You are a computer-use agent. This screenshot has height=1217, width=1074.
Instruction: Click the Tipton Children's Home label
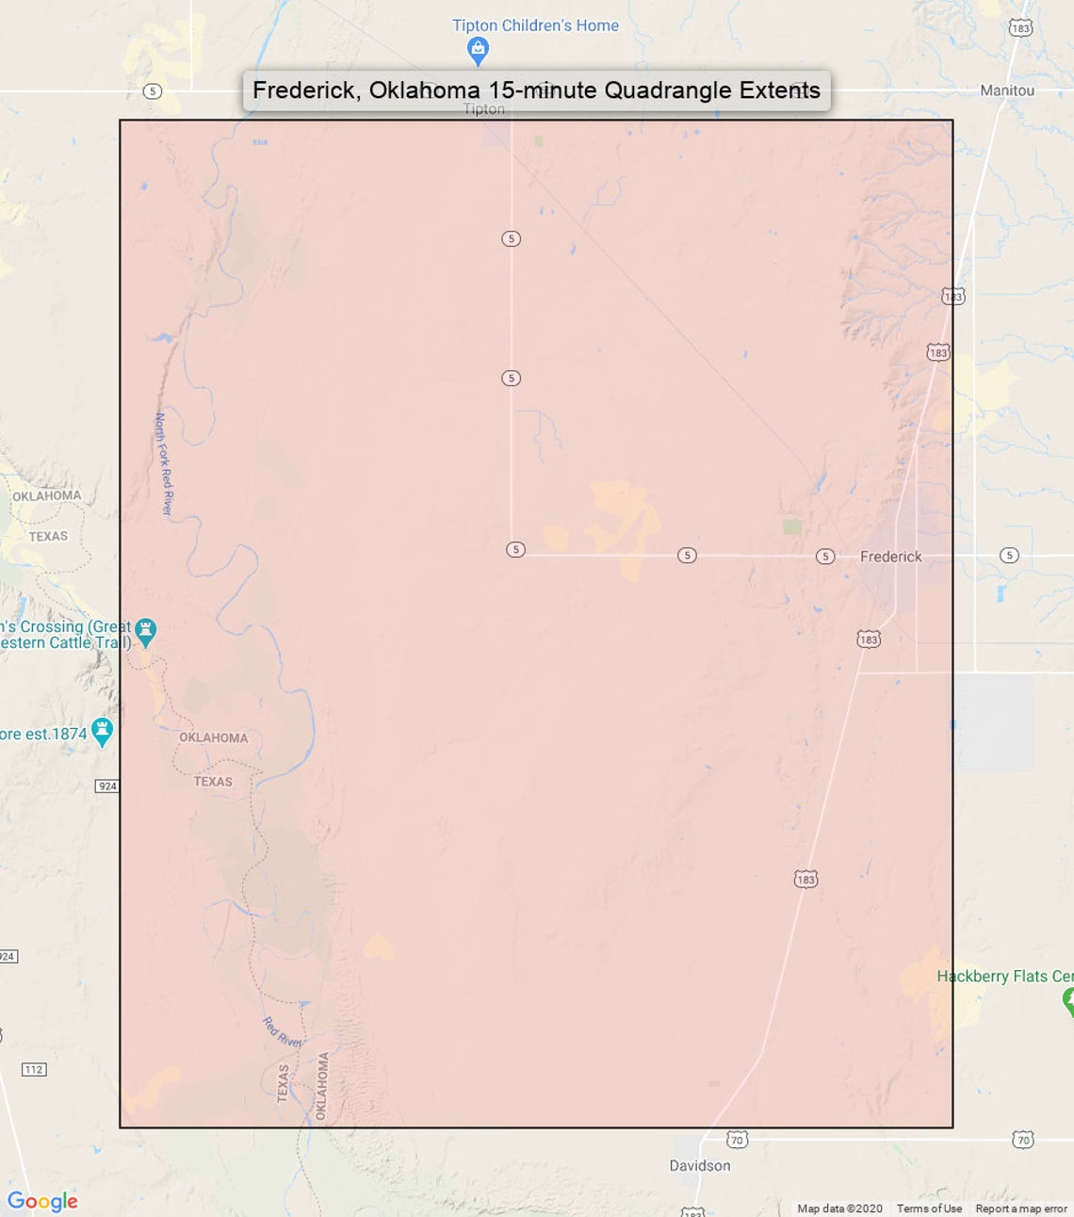coord(535,25)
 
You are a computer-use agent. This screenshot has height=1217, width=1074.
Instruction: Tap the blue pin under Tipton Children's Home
coord(478,51)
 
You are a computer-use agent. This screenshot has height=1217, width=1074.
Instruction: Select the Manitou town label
coord(1006,90)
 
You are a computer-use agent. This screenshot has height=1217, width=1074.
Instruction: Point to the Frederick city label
coord(890,557)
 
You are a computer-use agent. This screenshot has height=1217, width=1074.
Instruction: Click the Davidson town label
coord(699,1165)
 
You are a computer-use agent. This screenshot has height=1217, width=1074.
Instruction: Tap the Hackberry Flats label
coord(1003,976)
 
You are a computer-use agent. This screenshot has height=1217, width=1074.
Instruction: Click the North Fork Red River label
coord(163,463)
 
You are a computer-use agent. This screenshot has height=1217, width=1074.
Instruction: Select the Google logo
coord(42,1201)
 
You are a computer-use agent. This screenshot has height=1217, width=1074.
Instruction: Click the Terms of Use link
coord(929,1209)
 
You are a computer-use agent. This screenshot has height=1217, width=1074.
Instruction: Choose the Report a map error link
coord(1021,1209)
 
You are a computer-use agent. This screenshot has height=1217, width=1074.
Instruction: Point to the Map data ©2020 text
coord(839,1209)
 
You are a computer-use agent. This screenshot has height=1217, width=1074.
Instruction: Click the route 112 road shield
coord(34,1069)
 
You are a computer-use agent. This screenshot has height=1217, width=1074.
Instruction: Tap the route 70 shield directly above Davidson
coord(737,1140)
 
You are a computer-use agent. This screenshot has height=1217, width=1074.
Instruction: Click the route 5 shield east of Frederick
coord(1009,555)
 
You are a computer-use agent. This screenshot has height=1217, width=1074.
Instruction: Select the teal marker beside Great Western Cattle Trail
coord(145,632)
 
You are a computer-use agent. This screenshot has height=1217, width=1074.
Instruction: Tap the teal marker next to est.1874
coord(103,731)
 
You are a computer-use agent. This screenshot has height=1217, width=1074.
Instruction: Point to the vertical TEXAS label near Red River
coord(283,1083)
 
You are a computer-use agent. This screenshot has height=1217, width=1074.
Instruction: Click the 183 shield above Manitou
coord(1020,28)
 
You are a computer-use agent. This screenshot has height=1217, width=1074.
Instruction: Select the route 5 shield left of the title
coord(153,91)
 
